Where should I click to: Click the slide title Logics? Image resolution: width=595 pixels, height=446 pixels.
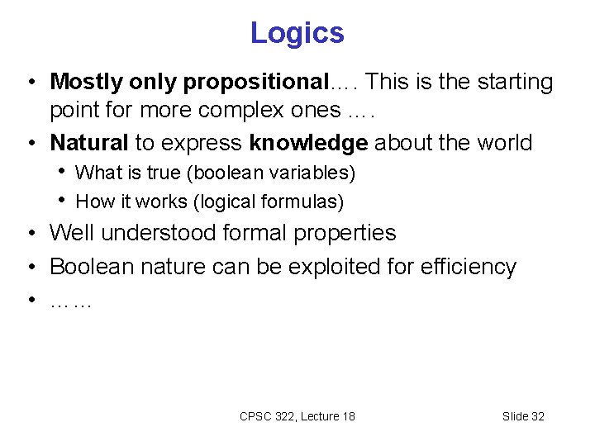[297, 33]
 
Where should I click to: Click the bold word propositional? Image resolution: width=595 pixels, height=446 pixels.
[256, 82]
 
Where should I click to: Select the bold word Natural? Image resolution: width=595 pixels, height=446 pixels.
[89, 143]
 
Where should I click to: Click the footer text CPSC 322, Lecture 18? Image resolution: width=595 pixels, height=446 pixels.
[297, 416]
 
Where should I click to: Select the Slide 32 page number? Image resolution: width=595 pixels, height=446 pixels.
[523, 416]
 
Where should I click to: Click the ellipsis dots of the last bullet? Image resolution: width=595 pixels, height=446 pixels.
[71, 302]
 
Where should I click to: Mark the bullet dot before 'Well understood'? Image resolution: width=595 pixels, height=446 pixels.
[28, 234]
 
